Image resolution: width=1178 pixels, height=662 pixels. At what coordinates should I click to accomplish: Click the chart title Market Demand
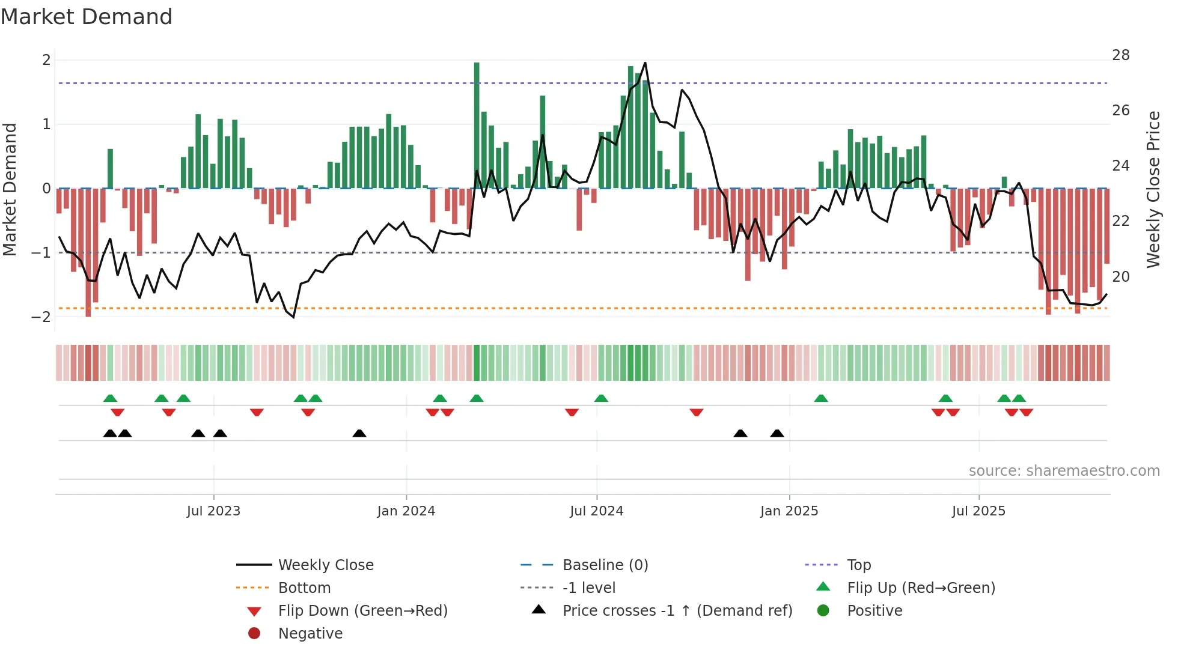coord(87,17)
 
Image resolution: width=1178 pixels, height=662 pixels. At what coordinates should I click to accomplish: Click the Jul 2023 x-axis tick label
coord(213,511)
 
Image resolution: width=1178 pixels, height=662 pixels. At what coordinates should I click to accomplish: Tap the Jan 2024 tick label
coord(406,511)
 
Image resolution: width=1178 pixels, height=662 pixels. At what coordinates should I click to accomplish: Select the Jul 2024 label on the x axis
coord(596,511)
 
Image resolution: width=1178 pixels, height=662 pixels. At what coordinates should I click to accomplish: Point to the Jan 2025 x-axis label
coord(789,511)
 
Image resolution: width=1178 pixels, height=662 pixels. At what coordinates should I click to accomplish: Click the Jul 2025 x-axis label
coord(978,511)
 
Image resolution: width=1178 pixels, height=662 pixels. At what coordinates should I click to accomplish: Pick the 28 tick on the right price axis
coord(1120,55)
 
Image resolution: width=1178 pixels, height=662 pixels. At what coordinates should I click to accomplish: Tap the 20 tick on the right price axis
coord(1120,277)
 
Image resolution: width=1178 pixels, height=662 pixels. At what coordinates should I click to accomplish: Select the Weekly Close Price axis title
coord(1153,189)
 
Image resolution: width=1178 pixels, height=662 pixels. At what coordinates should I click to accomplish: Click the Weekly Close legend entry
coord(326,565)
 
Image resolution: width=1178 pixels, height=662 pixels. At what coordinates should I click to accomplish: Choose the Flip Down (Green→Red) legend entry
coord(362,611)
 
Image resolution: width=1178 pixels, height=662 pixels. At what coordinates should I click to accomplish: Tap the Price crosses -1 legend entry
coord(677,611)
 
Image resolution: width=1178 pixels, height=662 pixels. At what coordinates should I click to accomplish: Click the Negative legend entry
coord(310,634)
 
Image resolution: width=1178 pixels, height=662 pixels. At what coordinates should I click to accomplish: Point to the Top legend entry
coord(859,565)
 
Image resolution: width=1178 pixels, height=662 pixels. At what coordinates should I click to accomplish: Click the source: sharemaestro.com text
coord(1064,471)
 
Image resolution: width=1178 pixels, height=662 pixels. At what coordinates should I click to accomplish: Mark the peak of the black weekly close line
coord(645,63)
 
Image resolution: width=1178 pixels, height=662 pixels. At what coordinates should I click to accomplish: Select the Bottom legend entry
coord(304,588)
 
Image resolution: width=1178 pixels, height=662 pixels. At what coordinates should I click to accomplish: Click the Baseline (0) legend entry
coord(605,565)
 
